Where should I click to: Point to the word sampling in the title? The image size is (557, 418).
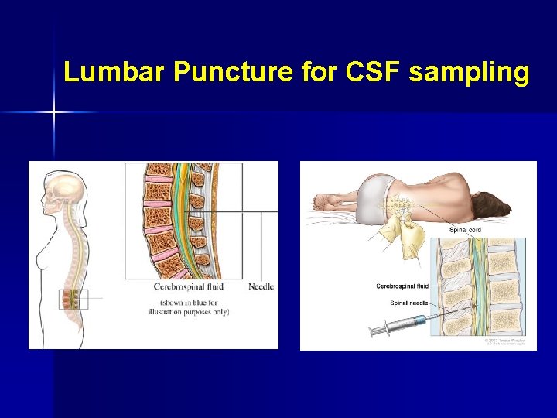tap(469, 72)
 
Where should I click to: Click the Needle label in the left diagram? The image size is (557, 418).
tap(261, 286)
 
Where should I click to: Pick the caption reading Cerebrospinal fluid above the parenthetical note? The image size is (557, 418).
tap(188, 286)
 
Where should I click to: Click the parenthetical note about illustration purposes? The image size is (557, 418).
tap(188, 307)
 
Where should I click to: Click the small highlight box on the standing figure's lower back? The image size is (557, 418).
tap(73, 298)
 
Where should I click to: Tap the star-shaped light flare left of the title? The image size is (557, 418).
tap(54, 113)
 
